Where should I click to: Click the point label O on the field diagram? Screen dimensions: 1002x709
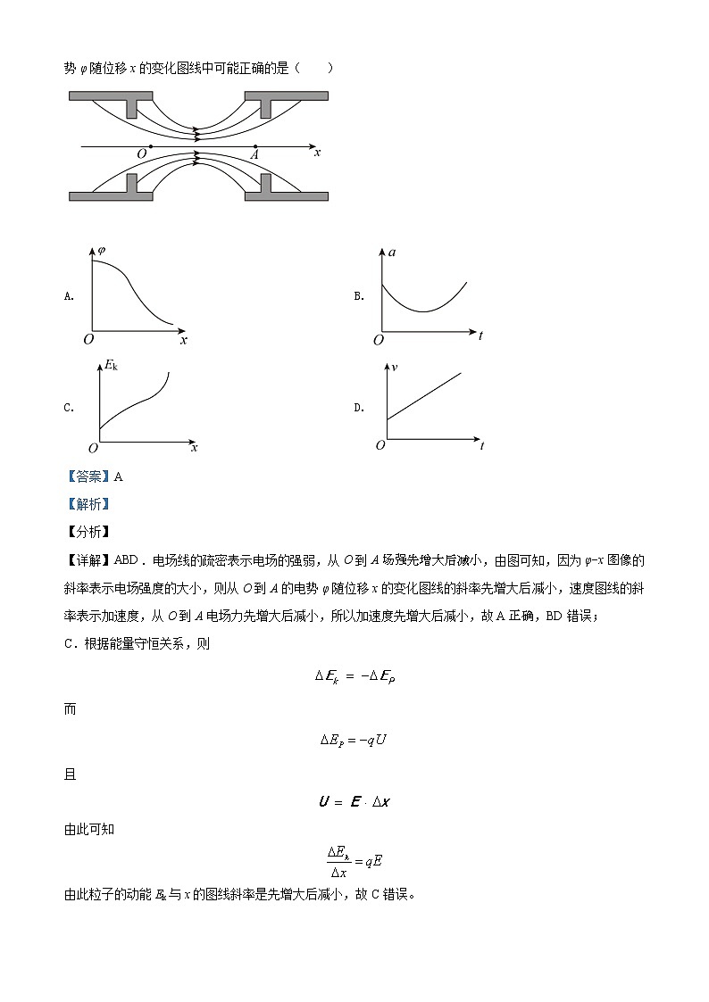(141, 154)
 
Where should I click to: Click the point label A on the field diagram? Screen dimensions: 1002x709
(254, 154)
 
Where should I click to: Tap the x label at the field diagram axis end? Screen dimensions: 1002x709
(317, 153)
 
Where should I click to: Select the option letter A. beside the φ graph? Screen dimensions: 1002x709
(69, 296)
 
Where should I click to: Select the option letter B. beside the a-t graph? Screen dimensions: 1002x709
(359, 296)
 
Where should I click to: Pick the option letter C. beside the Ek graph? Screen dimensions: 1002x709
(69, 408)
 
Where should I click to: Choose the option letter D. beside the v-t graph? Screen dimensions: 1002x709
(359, 408)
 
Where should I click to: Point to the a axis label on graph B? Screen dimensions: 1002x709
(392, 253)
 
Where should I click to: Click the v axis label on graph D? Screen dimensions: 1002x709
(393, 366)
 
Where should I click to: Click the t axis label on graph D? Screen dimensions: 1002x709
(481, 445)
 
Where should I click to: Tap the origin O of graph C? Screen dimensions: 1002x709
(92, 448)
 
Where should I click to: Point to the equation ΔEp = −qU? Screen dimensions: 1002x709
(353, 740)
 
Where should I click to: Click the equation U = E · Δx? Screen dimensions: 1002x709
(354, 801)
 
